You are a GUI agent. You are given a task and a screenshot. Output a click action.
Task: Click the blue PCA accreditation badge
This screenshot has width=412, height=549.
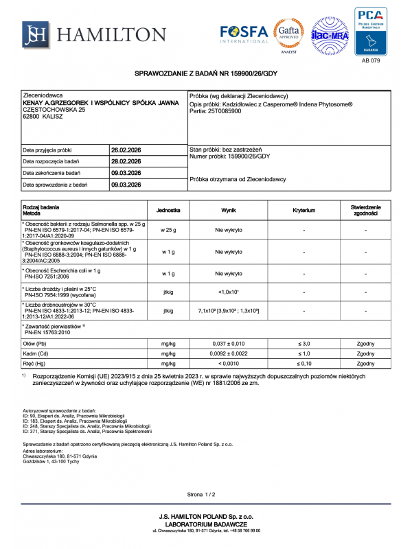(369, 30)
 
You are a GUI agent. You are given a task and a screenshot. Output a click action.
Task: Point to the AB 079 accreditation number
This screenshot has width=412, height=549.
(369, 60)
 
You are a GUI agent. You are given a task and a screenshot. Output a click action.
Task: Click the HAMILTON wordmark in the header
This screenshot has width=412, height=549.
(113, 35)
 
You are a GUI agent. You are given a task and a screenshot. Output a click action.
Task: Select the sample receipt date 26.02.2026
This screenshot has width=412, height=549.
(126, 150)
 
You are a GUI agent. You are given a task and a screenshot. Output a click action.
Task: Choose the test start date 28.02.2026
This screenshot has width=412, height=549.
(126, 161)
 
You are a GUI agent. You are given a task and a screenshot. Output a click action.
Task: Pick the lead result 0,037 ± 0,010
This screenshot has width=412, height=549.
(229, 342)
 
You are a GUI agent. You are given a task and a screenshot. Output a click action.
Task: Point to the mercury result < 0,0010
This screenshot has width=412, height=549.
(229, 364)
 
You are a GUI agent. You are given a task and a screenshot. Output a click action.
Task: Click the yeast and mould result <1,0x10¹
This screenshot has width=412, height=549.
(229, 292)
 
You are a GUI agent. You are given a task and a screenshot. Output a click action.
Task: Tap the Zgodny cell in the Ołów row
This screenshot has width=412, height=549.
(365, 342)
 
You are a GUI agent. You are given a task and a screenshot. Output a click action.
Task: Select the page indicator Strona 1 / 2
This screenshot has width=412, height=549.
(202, 494)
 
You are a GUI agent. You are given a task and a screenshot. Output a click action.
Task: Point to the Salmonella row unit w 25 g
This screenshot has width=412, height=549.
(168, 231)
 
